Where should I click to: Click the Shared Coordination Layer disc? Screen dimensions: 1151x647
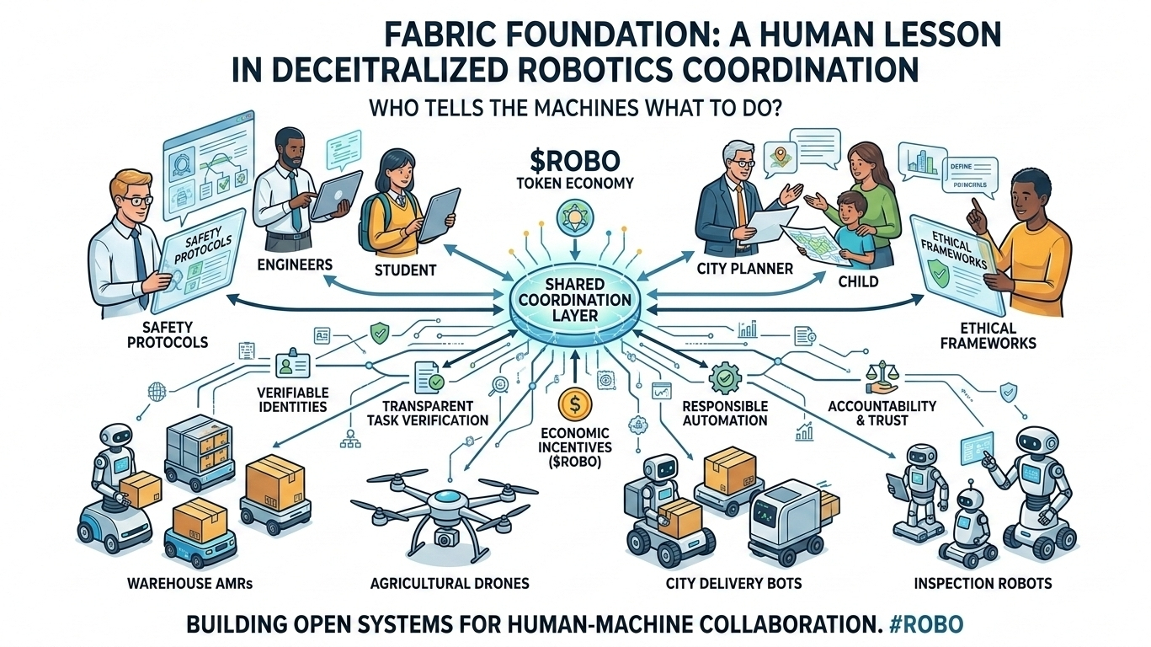(574, 300)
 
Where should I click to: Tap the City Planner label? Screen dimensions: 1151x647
(744, 270)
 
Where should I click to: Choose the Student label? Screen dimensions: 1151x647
(406, 270)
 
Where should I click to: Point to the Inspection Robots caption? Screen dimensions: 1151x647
(983, 583)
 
